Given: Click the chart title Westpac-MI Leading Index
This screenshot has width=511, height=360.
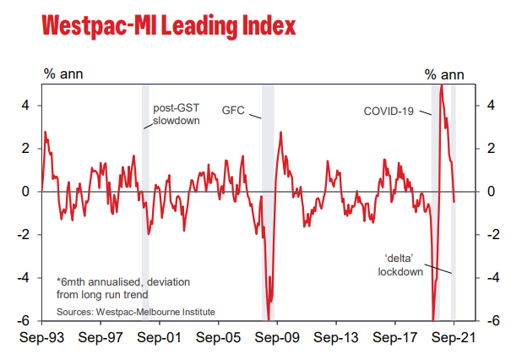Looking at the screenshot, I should [x=168, y=26].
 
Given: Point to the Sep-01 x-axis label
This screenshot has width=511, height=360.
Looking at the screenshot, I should [x=160, y=335].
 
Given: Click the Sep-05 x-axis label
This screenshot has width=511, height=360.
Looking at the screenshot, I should [x=219, y=335].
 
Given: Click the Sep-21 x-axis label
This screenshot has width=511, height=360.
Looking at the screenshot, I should [x=454, y=335].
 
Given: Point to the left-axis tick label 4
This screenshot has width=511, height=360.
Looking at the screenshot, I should [x=26, y=106].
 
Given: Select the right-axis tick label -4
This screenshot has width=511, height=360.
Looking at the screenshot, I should [x=488, y=278].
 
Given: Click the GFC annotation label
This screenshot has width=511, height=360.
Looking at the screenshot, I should [x=233, y=111].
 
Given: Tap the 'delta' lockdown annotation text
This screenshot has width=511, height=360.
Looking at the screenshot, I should [x=400, y=265].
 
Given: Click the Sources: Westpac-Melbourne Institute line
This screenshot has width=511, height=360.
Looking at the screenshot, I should [x=136, y=312].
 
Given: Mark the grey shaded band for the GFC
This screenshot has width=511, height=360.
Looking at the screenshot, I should [x=268, y=203].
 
